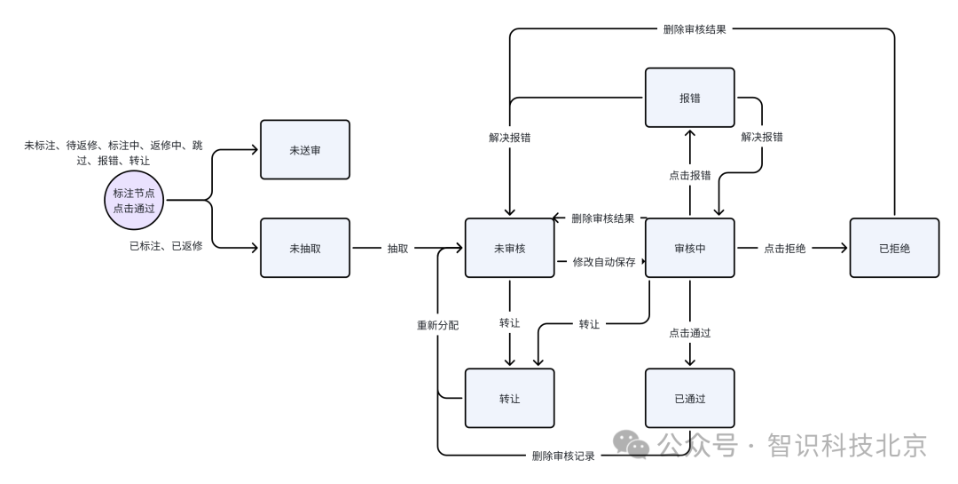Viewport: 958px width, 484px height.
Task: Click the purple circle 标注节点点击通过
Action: (x=134, y=200)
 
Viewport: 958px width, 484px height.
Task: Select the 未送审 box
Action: (x=304, y=150)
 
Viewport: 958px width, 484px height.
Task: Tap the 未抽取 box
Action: (x=304, y=248)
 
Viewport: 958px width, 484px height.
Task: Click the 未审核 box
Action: (x=509, y=248)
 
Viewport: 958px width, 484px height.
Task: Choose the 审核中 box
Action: (x=689, y=248)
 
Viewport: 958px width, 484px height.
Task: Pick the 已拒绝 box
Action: (x=894, y=248)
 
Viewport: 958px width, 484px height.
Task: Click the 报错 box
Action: (x=689, y=98)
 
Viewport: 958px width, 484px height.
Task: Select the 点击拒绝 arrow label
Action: (x=784, y=249)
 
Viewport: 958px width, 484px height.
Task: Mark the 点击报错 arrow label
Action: (x=689, y=175)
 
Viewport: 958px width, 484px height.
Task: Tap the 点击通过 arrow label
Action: (x=689, y=333)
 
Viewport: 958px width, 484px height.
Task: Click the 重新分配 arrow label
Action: (x=438, y=324)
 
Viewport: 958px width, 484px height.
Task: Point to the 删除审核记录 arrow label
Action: (x=562, y=456)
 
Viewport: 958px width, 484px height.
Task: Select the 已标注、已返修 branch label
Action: (x=166, y=246)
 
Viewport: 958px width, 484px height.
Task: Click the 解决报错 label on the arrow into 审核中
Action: (x=762, y=138)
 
